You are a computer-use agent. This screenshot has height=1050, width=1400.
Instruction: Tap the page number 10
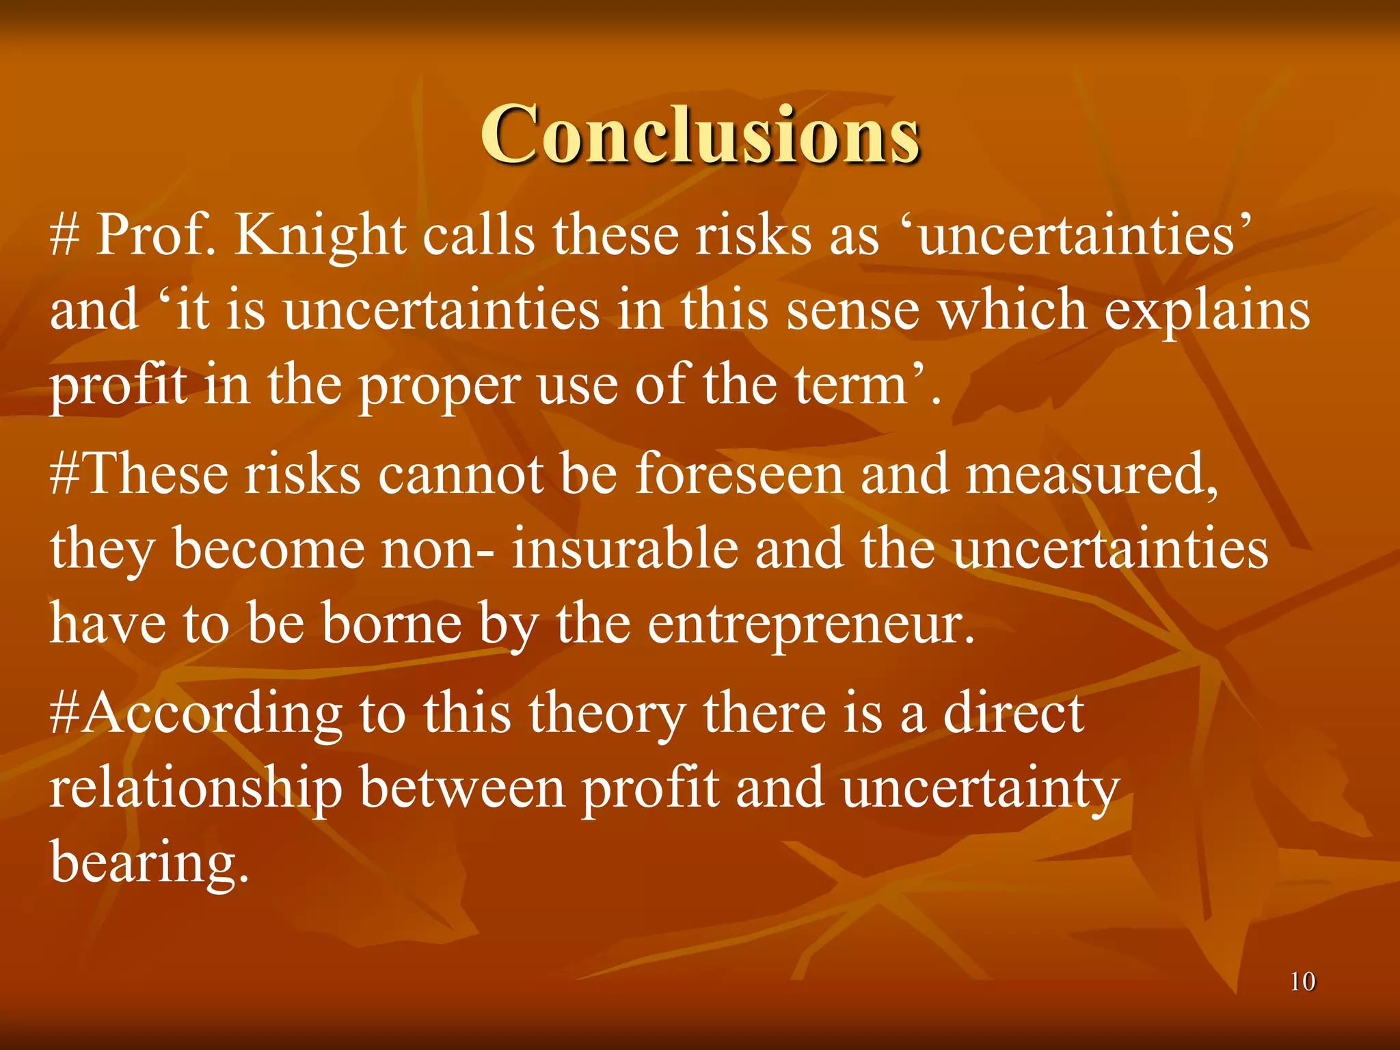click(x=1302, y=982)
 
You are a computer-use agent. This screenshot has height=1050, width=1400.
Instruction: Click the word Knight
click(x=320, y=236)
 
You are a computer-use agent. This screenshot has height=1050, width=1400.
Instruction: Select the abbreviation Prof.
click(x=155, y=236)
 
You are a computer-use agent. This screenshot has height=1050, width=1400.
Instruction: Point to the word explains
click(x=1207, y=311)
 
